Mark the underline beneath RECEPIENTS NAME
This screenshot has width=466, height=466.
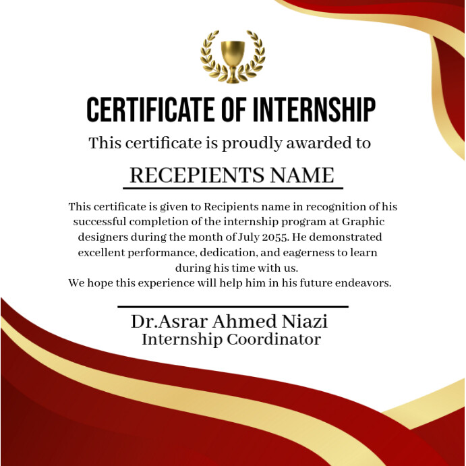pos(233,188)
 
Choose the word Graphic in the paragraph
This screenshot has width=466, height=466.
pos(363,221)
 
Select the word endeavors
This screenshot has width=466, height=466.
pos(363,283)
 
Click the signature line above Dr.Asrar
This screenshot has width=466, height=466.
pos(233,307)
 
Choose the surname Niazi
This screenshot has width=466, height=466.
pos(307,322)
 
